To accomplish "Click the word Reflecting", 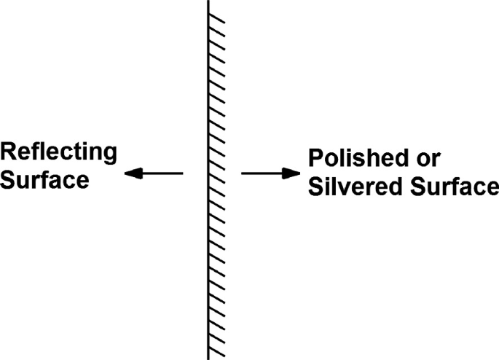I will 58,153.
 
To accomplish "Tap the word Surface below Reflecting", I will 44,179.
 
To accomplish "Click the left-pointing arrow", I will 154,173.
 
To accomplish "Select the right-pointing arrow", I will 270,173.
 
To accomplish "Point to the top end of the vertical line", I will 209,1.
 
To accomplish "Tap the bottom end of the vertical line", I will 209,358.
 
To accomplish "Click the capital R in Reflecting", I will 9,152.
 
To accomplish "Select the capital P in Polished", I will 316,159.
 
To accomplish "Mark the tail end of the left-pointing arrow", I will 183,173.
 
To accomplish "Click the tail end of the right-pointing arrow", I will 242,173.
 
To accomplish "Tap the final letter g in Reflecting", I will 110,155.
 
